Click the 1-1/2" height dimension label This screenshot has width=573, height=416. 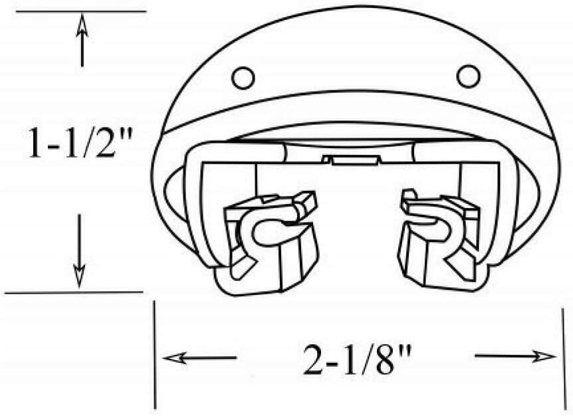click(x=80, y=142)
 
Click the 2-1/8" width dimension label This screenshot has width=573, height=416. click(x=358, y=360)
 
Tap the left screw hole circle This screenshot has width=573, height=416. click(x=243, y=78)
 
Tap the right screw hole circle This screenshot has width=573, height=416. click(x=469, y=76)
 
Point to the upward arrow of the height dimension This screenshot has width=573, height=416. click(x=82, y=39)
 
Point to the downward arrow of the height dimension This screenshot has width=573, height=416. click(x=79, y=251)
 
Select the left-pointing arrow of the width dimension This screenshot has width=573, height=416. click(x=200, y=358)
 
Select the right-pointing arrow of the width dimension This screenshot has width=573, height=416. click(x=515, y=356)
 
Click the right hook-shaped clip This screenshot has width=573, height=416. click(x=439, y=237)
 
